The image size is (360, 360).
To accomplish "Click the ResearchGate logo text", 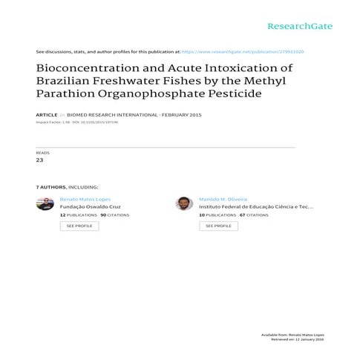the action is tap(300, 26).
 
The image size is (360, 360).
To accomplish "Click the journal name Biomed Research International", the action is tap(103, 116).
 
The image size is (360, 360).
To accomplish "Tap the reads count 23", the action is tap(40, 160).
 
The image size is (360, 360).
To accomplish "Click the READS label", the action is tap(42, 152).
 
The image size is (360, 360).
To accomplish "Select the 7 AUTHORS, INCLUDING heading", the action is tap(67, 188).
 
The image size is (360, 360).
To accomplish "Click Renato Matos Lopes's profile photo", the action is tap(45, 203).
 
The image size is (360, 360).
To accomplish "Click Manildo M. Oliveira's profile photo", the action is tap(184, 203).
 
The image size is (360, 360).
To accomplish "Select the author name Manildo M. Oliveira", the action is tap(223, 200).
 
